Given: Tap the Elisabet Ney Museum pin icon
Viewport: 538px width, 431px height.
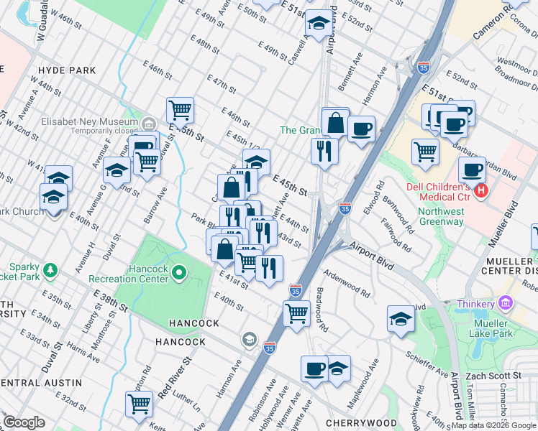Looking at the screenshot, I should coord(149,123).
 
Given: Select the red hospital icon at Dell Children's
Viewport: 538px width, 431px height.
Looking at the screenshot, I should coord(480,192).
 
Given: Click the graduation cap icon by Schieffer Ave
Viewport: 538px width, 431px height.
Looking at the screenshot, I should coord(401,320).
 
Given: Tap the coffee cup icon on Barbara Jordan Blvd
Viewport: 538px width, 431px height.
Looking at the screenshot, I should coord(472,170).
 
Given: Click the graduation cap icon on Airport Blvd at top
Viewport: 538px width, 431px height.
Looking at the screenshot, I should coord(318,24).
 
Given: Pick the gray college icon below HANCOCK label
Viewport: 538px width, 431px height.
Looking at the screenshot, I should coord(249,338).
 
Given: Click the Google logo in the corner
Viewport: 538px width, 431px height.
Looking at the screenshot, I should coord(24,422).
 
